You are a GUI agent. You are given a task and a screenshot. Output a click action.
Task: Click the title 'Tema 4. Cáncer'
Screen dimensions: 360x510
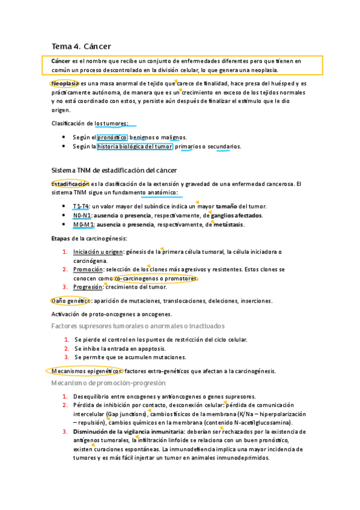[81, 46]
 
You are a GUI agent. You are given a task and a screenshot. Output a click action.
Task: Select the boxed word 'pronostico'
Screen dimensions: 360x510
[112, 137]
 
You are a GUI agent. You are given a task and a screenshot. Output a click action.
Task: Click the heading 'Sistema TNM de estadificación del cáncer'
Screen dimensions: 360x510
[114, 170]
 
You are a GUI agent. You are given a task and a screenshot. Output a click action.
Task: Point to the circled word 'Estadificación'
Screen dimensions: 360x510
[70, 183]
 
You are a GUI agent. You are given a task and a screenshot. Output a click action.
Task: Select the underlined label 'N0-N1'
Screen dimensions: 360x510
[82, 215]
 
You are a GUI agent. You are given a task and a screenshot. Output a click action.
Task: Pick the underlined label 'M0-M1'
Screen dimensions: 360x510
[83, 224]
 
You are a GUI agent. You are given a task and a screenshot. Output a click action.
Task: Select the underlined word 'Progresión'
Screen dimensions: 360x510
[89, 287]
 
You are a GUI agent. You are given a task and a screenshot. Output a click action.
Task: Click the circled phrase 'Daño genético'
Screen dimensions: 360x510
[70, 300]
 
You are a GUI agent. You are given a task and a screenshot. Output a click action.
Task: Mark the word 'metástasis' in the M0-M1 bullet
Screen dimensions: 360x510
[229, 224]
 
